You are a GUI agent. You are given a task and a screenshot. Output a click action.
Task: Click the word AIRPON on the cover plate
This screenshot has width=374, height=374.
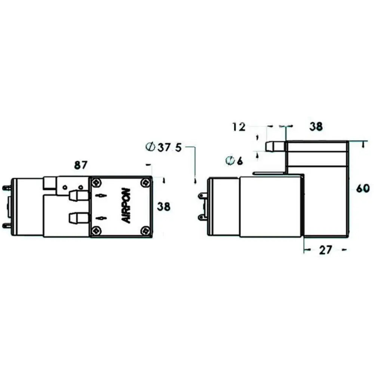coord(126,206)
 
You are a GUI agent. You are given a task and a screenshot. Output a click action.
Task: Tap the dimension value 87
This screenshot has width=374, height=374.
coord(81,165)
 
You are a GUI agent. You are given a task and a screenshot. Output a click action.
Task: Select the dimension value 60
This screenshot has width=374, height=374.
coord(363,188)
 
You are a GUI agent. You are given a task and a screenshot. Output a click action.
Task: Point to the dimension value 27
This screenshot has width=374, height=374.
coord(325,250)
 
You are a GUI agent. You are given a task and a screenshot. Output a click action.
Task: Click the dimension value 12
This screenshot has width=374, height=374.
coord(239,127)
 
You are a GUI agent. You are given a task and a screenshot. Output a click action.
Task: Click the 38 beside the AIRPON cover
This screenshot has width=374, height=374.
coord(164,206)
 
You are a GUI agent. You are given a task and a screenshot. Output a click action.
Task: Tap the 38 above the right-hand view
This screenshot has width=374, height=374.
coord(316,126)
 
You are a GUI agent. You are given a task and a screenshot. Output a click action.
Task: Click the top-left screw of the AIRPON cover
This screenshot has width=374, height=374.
coord(96,183)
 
